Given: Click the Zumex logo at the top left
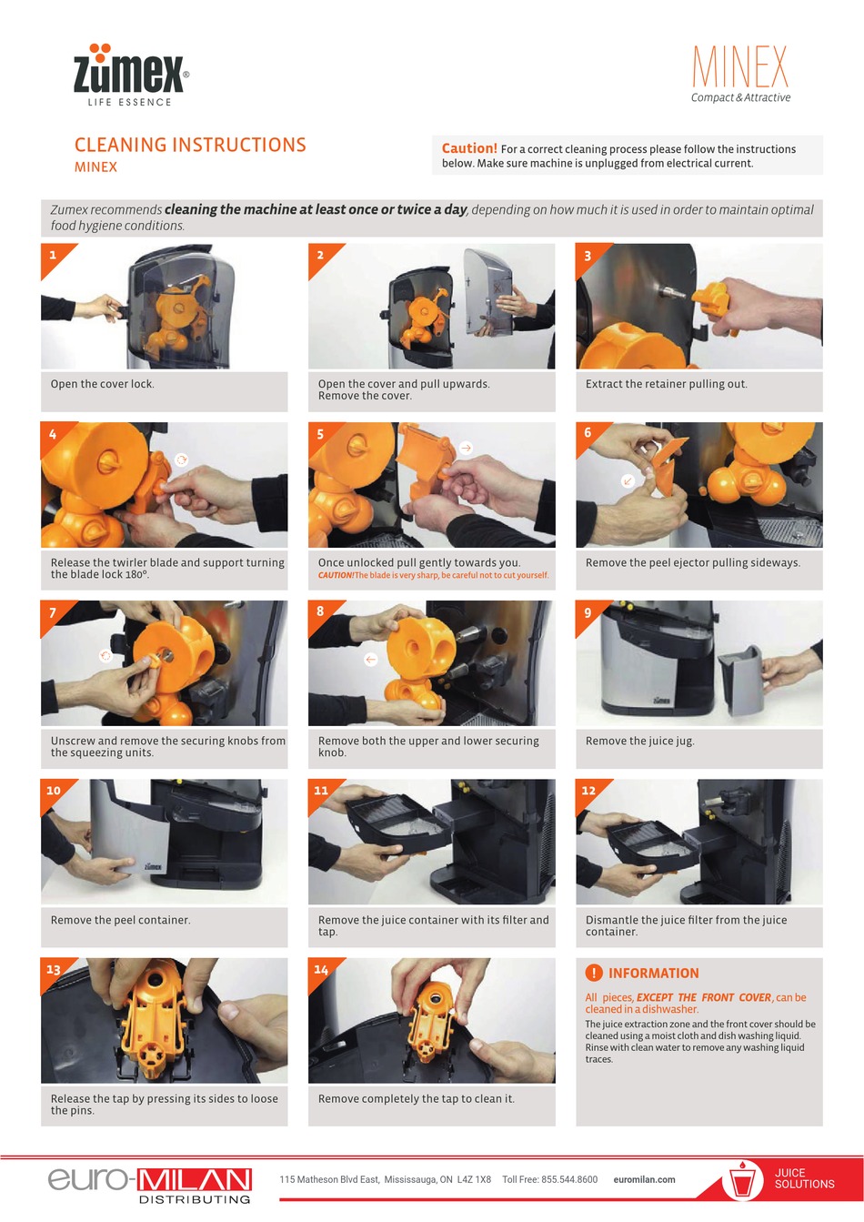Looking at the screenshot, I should [131, 76].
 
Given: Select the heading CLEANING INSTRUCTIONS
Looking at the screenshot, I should [190, 145].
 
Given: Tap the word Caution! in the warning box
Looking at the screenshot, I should [469, 148].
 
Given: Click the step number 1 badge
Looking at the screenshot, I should [53, 255].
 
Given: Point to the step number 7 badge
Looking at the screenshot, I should [53, 612].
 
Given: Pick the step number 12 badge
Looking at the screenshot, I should [588, 790].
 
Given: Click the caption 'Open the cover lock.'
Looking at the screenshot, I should [103, 384].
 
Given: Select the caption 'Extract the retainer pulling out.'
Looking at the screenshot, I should [666, 384].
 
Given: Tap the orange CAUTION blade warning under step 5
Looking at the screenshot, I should [433, 575].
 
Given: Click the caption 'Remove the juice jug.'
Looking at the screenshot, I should [639, 741].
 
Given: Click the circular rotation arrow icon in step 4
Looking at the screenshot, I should [181, 460].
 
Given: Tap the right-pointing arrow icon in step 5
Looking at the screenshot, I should [466, 448].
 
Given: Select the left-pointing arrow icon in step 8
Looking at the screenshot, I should [370, 659].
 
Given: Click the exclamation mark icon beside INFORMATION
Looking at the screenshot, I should [594, 973].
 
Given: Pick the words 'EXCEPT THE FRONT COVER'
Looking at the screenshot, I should [703, 997].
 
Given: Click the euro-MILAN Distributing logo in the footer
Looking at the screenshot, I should [150, 1184].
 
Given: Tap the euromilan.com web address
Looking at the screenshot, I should [644, 1179].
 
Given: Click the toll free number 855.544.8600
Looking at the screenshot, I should [569, 1179].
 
